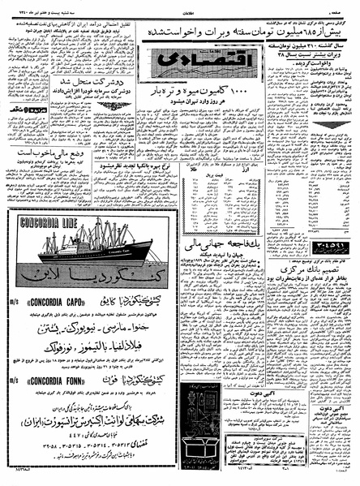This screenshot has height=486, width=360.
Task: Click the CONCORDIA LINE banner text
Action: (x=45, y=220)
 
